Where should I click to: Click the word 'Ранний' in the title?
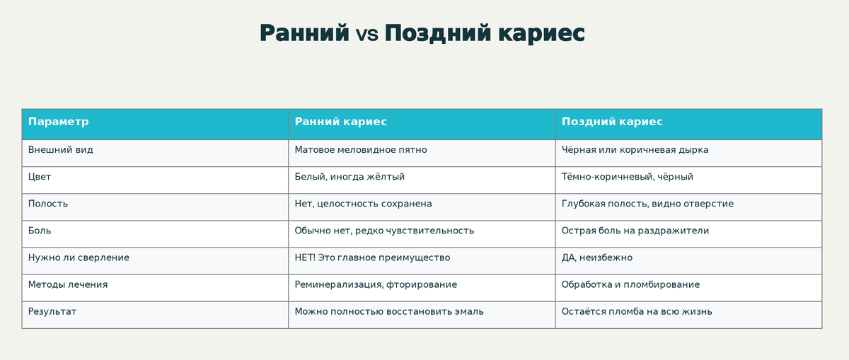tap(304, 33)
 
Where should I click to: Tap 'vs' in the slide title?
tap(367, 34)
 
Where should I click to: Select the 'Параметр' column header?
tap(59, 122)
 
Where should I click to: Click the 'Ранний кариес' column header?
tap(340, 122)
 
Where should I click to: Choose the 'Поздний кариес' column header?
tap(612, 122)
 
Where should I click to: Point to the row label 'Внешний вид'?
tap(61, 150)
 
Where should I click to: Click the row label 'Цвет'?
tap(40, 177)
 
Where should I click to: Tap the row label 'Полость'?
tap(48, 204)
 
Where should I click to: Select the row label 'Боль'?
tap(40, 231)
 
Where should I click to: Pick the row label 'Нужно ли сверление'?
tap(79, 257)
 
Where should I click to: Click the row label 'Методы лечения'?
tap(68, 284)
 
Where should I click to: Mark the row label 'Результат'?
tap(52, 311)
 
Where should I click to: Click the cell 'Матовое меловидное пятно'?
tap(361, 150)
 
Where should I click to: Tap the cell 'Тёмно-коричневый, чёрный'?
tap(628, 177)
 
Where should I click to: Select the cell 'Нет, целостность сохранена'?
tap(363, 204)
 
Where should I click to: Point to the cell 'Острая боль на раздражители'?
tap(635, 231)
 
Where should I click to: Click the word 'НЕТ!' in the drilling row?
tap(306, 257)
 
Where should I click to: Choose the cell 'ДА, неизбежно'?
tap(597, 257)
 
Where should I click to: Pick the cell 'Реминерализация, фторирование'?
tap(376, 284)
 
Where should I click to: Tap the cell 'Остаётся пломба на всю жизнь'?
tap(637, 311)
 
